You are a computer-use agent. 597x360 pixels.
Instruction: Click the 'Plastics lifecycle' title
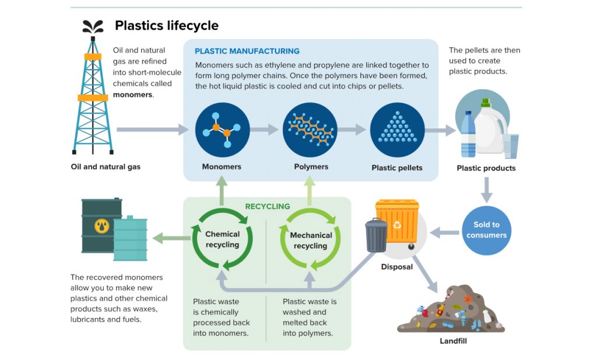(x=166, y=26)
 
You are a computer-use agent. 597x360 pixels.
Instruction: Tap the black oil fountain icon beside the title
(x=93, y=26)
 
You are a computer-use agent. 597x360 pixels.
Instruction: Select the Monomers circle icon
(x=222, y=130)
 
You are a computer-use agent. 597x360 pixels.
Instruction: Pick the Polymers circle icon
(x=310, y=130)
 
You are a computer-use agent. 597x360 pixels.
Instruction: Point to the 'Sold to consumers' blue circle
(x=486, y=230)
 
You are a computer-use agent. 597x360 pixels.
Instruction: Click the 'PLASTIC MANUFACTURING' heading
(x=247, y=51)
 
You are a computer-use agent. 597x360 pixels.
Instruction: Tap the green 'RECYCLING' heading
(x=268, y=206)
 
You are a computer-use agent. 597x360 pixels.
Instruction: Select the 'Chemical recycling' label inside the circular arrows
(x=222, y=240)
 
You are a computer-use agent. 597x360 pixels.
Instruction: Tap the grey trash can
(x=376, y=235)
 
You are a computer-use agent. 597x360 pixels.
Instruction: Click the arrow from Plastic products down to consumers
(x=486, y=190)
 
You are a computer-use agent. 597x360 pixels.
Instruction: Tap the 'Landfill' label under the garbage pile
(x=454, y=341)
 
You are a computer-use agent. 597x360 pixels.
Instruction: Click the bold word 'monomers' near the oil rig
(x=133, y=95)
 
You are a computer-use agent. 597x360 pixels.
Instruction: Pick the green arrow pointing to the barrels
(x=169, y=237)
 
